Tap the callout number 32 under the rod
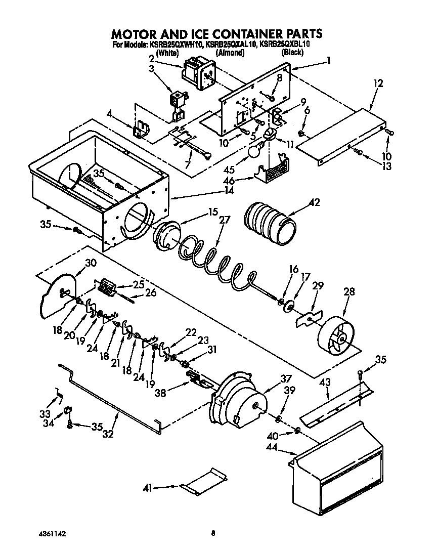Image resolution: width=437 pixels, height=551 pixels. (108, 434)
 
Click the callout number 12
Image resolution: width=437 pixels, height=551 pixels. (378, 83)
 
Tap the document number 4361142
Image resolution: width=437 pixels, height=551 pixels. (53, 533)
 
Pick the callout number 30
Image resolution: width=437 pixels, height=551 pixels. (91, 263)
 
